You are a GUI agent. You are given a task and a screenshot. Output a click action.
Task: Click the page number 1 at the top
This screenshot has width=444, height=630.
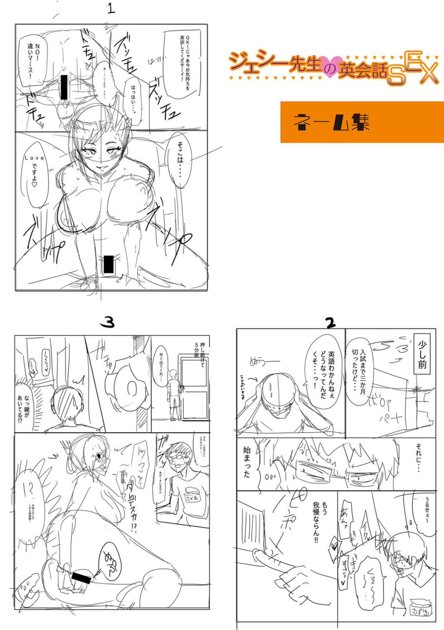(x=111, y=9)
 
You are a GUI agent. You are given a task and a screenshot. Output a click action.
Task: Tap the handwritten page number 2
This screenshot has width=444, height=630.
(x=330, y=322)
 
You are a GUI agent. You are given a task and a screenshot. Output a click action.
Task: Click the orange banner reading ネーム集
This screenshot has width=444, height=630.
(x=362, y=122)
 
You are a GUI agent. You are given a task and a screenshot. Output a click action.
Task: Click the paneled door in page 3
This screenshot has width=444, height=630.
(x=194, y=389)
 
